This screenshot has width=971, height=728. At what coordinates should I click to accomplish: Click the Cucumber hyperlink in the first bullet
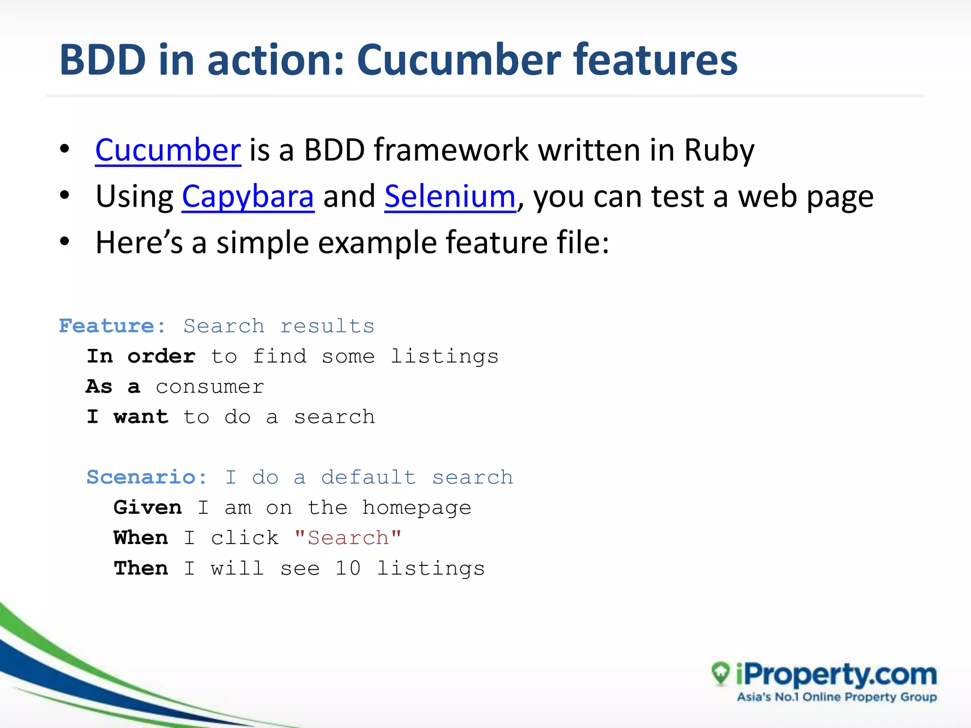click(x=168, y=150)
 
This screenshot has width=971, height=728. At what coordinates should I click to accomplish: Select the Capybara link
click(x=247, y=197)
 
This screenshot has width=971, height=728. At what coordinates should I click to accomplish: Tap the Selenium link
click(x=449, y=197)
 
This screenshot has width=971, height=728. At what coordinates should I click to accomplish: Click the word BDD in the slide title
click(x=102, y=60)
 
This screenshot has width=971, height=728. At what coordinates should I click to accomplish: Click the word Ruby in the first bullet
click(x=719, y=150)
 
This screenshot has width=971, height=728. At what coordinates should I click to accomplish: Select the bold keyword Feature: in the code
click(x=112, y=326)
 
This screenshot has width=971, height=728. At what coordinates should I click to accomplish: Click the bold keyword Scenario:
click(x=147, y=477)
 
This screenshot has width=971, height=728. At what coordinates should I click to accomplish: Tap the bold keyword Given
click(x=147, y=508)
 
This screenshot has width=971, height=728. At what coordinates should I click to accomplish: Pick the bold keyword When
click(x=141, y=538)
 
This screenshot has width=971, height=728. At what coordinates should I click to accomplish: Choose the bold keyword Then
click(x=141, y=568)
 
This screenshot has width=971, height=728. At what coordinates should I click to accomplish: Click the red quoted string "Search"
click(x=348, y=538)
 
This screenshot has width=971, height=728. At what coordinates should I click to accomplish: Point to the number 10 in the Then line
click(x=348, y=568)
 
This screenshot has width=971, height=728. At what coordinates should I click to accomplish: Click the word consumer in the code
click(x=210, y=387)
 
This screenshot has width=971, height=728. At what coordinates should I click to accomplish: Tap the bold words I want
click(x=127, y=417)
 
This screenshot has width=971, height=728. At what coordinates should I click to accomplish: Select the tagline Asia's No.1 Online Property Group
click(x=836, y=697)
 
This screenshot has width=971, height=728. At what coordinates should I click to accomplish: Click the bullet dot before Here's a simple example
click(x=65, y=241)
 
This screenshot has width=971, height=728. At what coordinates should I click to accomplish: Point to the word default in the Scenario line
click(x=368, y=477)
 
